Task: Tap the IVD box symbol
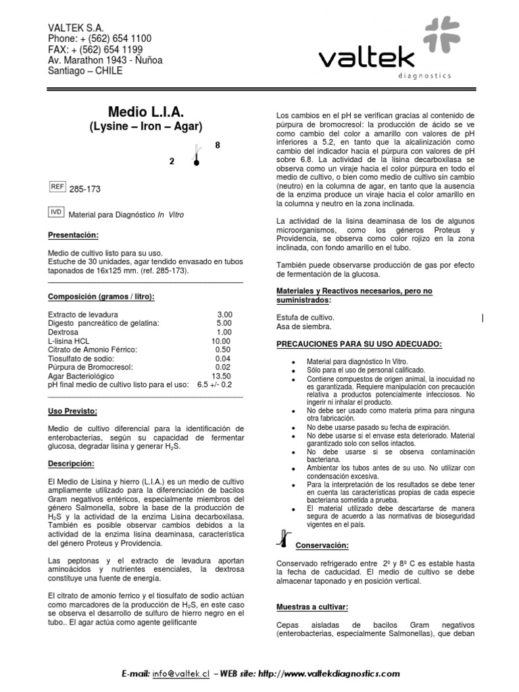57,212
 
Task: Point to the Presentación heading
73,235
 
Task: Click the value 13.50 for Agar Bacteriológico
222,376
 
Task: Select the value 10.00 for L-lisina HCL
221,341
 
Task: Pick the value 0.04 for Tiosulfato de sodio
223,358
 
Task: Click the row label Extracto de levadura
84,315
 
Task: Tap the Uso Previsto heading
72,411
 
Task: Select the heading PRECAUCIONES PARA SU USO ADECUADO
360,344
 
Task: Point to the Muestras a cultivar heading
312,607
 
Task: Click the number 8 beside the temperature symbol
217,145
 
